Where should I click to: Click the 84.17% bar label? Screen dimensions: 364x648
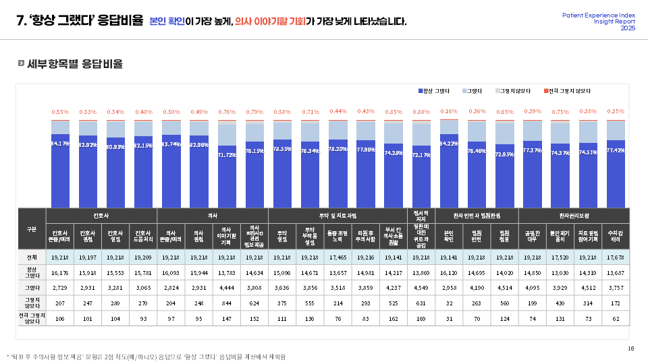(x=60, y=144)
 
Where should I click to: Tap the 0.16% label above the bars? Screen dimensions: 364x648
(x=449, y=111)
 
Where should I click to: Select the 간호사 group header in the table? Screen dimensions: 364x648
(x=101, y=216)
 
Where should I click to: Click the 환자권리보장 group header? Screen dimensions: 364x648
(x=574, y=216)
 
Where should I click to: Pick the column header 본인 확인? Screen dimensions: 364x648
(x=449, y=237)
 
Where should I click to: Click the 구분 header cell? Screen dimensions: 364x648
(x=31, y=229)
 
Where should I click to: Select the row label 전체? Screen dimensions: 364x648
(x=31, y=257)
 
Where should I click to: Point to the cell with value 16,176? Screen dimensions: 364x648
(x=60, y=273)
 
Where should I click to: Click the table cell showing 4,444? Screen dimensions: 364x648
(x=227, y=289)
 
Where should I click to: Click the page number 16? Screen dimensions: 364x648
(x=630, y=348)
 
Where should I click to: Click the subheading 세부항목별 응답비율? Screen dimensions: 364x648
(x=75, y=64)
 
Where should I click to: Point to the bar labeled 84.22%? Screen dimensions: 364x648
(x=449, y=169)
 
